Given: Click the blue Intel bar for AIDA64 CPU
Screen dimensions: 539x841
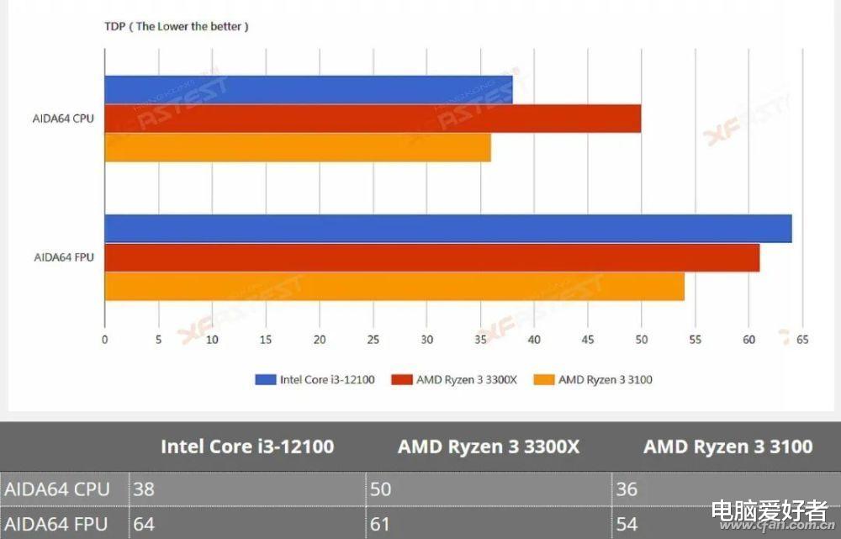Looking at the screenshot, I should coord(308,89).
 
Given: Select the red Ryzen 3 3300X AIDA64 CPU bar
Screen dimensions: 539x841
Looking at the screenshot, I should coord(373,119).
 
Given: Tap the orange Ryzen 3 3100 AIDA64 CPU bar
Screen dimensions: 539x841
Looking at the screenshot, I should coord(297,147).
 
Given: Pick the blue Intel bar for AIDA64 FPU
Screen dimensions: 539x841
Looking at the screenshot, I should coord(447,229).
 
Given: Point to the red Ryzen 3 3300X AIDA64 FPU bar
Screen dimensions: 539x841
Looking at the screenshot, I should coord(431,258).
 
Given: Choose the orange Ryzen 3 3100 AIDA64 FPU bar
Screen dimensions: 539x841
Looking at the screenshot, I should coord(394,287).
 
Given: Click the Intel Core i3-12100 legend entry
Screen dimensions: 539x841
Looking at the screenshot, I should coord(315,379).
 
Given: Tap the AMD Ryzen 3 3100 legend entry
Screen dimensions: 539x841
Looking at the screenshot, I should coord(594,379).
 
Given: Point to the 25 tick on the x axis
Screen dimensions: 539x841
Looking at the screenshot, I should coord(373,340).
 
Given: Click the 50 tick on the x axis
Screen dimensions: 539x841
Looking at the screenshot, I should coord(641,340).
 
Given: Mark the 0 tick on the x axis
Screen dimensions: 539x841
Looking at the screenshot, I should coord(104,340).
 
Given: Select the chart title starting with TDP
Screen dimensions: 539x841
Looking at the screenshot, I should coord(176,26).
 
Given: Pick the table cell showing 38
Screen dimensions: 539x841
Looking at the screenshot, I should coord(247,489).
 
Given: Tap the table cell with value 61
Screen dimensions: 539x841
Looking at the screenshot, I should coord(489,524).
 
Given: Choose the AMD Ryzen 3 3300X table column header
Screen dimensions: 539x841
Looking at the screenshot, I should coord(489,447).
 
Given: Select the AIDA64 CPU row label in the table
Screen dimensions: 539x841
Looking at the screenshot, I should coord(56,489).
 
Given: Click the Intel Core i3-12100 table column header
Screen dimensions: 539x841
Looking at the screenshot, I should coord(247,447).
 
